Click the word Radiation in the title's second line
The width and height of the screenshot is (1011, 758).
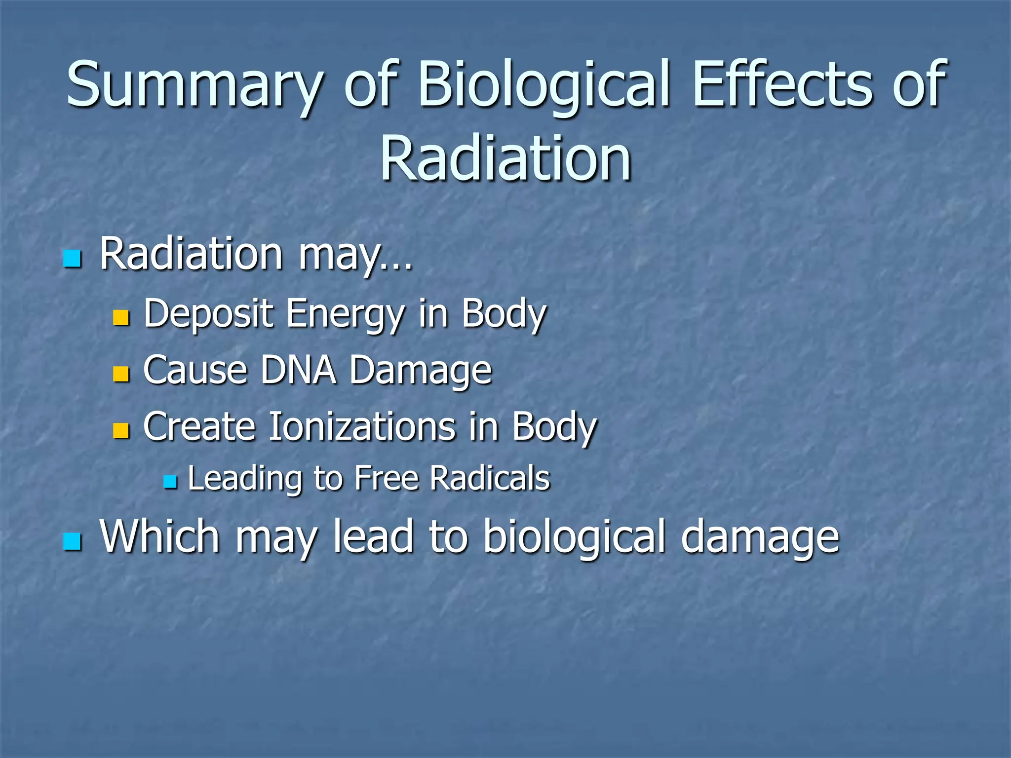(505, 159)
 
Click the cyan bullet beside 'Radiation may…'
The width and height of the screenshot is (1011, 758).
(72, 259)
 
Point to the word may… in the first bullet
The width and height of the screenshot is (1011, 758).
(354, 257)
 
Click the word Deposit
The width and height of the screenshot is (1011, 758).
(208, 314)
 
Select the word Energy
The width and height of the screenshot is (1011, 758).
(345, 314)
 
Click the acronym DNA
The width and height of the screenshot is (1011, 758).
(298, 370)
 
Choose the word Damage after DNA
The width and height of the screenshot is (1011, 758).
(421, 371)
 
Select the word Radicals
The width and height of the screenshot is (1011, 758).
(490, 479)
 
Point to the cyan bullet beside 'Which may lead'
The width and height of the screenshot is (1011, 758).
(72, 541)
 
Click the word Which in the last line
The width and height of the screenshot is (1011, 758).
(159, 537)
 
